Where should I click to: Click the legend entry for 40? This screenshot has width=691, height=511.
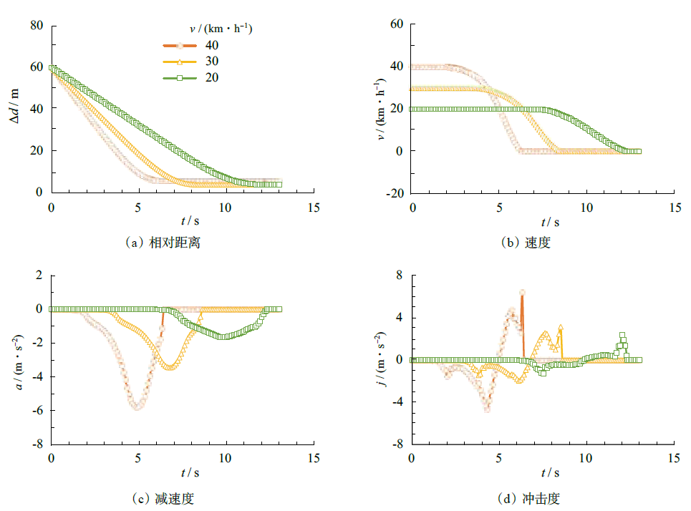(x=185, y=46)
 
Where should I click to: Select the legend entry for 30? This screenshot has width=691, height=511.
(x=185, y=62)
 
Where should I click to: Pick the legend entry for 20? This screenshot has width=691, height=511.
(x=185, y=77)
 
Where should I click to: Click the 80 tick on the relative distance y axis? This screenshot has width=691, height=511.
(x=37, y=25)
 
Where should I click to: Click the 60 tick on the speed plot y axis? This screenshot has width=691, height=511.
(x=397, y=25)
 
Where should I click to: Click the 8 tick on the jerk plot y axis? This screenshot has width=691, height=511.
(x=400, y=276)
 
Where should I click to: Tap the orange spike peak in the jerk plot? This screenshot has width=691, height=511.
(x=522, y=292)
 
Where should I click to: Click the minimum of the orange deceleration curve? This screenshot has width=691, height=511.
(x=136, y=407)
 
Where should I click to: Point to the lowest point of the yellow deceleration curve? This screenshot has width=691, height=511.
(x=170, y=367)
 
